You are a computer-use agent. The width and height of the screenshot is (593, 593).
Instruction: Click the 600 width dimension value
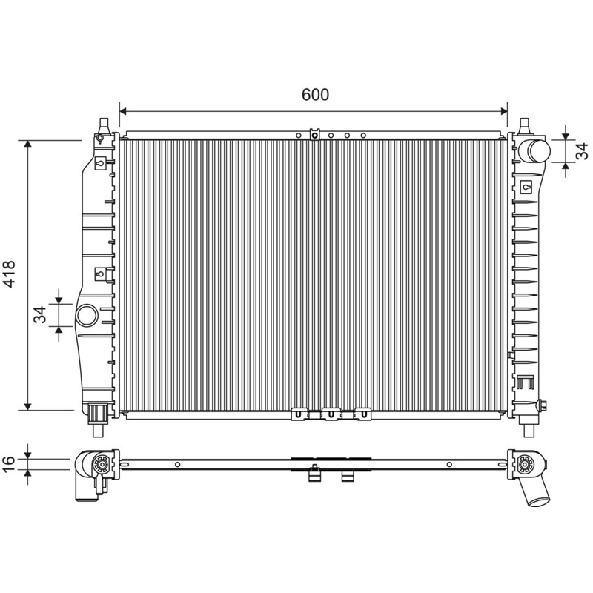[x=315, y=95]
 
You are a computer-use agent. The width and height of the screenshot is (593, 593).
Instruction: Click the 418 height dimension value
[x=8, y=274]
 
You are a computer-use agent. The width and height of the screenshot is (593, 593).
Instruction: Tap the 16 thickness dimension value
[x=8, y=464]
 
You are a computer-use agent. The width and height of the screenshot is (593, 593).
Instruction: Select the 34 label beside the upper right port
[x=583, y=150]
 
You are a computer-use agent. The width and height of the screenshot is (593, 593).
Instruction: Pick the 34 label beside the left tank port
[x=40, y=314]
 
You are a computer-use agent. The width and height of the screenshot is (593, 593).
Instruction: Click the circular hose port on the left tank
[x=87, y=316]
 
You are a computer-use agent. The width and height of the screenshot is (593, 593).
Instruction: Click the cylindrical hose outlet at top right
[x=534, y=150]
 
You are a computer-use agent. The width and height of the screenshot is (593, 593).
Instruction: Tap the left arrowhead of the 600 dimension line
[x=123, y=111]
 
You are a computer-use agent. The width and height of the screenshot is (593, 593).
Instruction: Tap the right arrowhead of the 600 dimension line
[x=504, y=111]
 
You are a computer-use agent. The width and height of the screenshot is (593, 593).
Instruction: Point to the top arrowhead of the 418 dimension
[x=27, y=144]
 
